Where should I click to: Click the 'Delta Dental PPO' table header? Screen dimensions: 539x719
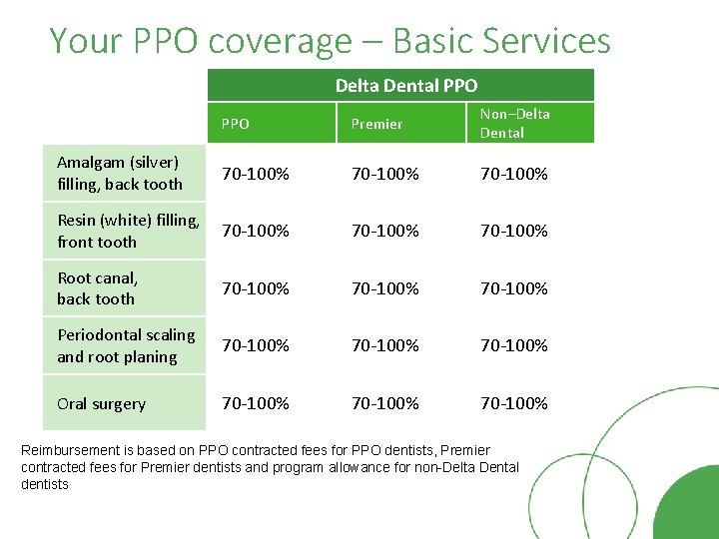pyautogui.click(x=406, y=85)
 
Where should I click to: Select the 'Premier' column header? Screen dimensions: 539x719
pyautogui.click(x=376, y=124)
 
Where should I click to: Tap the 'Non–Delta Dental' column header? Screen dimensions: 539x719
pyautogui.click(x=514, y=123)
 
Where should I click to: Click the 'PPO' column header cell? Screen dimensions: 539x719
pyautogui.click(x=236, y=124)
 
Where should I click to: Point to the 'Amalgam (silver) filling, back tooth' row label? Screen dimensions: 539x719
pyautogui.click(x=120, y=173)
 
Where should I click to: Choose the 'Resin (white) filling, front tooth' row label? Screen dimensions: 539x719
pyautogui.click(x=128, y=231)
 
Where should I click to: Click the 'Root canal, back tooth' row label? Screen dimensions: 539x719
pyautogui.click(x=97, y=288)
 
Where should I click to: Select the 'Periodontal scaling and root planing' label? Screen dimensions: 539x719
pyautogui.click(x=126, y=345)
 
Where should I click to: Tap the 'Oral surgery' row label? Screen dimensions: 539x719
pyautogui.click(x=101, y=404)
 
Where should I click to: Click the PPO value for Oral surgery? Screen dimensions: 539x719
pyautogui.click(x=256, y=403)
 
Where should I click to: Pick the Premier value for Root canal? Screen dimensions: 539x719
pyautogui.click(x=384, y=288)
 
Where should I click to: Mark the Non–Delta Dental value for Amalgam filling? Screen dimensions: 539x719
pyautogui.click(x=514, y=174)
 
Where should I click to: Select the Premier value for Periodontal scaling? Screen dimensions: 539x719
pyautogui.click(x=384, y=345)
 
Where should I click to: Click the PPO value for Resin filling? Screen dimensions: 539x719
pyautogui.click(x=256, y=231)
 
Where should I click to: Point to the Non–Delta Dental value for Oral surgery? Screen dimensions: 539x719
pyautogui.click(x=514, y=403)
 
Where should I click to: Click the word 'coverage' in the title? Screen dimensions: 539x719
pyautogui.click(x=281, y=41)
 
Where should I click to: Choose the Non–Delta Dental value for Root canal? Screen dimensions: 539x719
pyautogui.click(x=514, y=288)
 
